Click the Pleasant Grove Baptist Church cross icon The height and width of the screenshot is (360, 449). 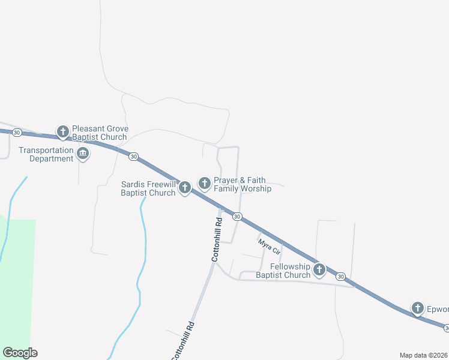point(62,131)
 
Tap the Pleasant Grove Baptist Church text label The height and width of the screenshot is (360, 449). point(99,133)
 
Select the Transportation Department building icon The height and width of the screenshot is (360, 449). point(83,155)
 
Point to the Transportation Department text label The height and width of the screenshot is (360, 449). point(46,154)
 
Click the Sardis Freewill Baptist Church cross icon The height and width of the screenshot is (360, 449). point(185,188)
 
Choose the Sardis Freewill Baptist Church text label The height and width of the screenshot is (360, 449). point(148,188)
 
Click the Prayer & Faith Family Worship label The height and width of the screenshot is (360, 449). point(243,184)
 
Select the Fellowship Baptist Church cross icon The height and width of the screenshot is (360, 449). point(319,270)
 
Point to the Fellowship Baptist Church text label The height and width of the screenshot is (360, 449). point(283,271)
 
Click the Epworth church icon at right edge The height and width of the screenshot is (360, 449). point(418,308)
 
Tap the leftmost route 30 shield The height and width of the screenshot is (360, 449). point(17,132)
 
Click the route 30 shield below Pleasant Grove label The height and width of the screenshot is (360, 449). point(133,156)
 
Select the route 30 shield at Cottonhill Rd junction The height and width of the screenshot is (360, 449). point(238,216)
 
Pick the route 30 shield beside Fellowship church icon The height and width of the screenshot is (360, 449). point(341,276)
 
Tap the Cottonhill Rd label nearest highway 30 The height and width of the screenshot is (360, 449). point(217,239)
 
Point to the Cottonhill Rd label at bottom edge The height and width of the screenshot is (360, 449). point(183,341)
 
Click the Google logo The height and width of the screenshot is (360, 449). point(20,353)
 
